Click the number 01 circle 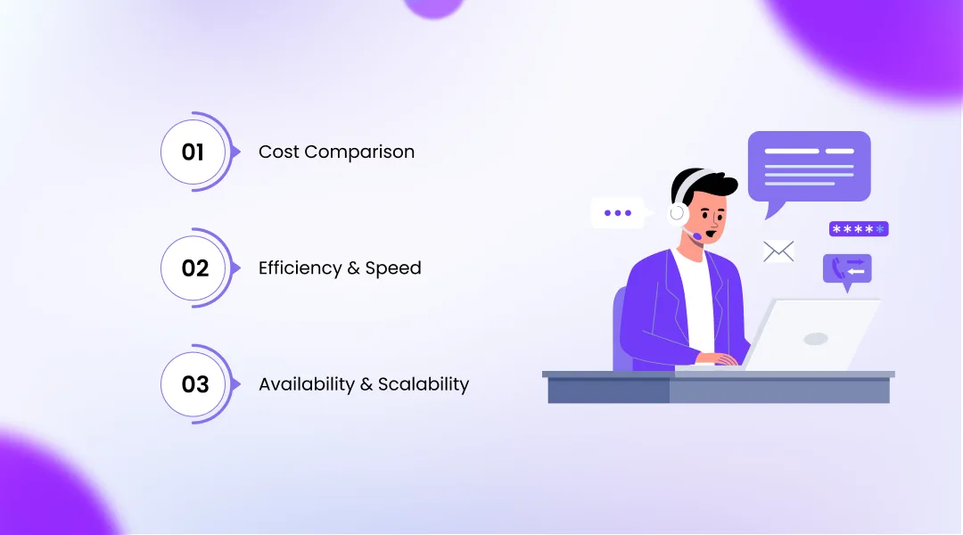point(193,152)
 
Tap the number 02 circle point(194,268)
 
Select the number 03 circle point(194,384)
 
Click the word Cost point(278,152)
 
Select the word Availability point(306,384)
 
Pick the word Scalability point(424,384)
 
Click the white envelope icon point(778,251)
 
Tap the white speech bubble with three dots point(617,213)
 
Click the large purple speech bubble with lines point(809,167)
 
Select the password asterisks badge point(858,229)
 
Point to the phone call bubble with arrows point(847,268)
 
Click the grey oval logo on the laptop point(815,339)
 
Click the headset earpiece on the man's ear point(679,212)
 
